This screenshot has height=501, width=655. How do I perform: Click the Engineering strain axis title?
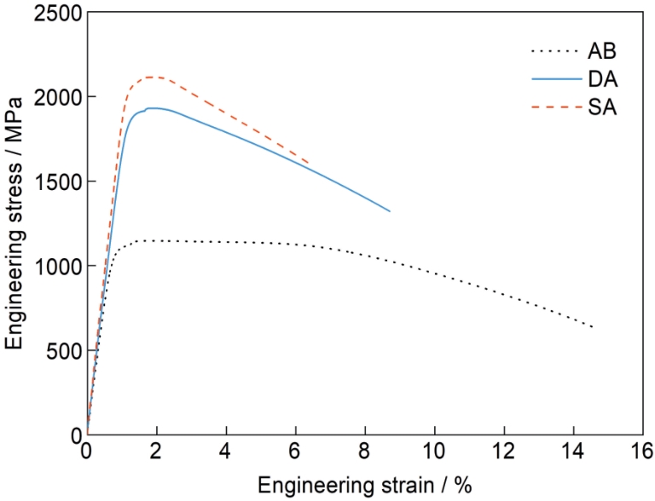[x=364, y=484]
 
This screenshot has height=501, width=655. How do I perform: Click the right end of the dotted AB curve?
[x=592, y=327]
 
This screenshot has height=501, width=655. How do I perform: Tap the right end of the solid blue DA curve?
[x=389, y=211]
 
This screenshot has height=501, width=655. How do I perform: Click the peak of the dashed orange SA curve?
[x=151, y=77]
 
